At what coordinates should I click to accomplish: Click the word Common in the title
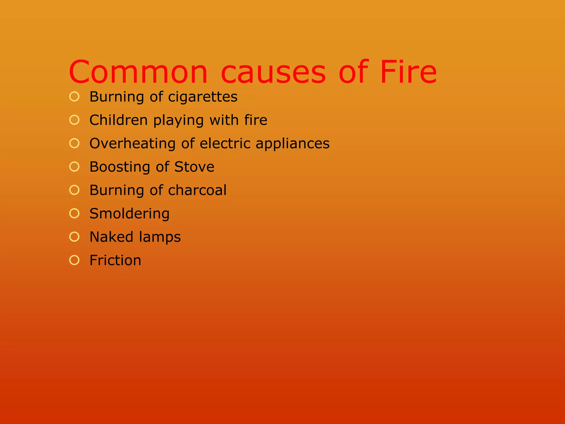coord(138,72)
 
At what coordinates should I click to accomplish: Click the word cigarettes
coord(203,97)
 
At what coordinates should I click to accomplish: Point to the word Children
coord(119,120)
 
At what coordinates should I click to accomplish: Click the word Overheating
coord(132,144)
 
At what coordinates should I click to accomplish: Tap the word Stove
coord(194,167)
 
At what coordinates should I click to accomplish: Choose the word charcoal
coord(197,190)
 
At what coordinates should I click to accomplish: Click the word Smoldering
coord(129,214)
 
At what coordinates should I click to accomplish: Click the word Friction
coord(115,260)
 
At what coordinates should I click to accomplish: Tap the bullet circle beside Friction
coord(74,260)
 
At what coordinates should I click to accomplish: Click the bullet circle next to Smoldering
coord(74,213)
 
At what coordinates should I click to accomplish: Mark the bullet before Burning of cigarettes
coord(74,97)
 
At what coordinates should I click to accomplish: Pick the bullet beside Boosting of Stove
coord(74,167)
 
